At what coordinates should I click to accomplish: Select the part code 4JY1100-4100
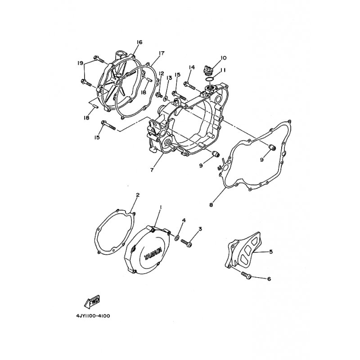pos(90,316)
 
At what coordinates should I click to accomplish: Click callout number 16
pos(139,42)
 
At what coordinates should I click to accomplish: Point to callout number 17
pos(161,53)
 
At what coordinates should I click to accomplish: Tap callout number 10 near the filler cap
pos(224,58)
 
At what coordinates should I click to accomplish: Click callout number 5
pos(271,252)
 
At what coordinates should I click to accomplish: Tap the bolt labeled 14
pos(189,84)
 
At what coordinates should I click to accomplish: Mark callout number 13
pos(169,78)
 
